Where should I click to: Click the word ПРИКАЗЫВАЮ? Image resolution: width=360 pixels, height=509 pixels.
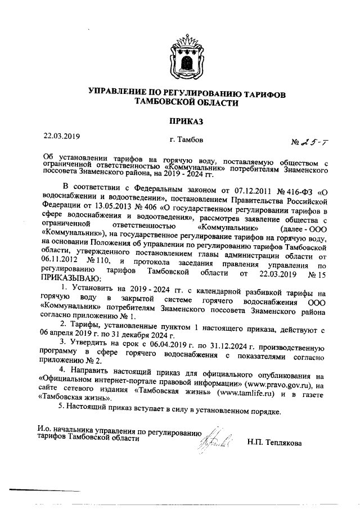[x=70, y=277]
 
